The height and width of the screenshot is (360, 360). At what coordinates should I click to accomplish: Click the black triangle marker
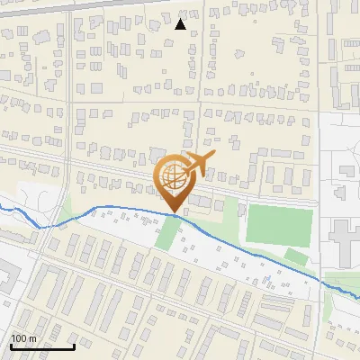tap(181, 24)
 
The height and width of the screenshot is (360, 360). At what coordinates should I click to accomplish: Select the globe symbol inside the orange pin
tap(174, 176)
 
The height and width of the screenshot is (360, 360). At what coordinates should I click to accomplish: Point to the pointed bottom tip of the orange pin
tap(174, 212)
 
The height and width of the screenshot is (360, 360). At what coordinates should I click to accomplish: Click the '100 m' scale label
tap(23, 338)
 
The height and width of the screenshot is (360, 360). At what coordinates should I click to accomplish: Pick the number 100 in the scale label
tap(19, 338)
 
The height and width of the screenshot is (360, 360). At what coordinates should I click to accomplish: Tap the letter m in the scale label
tap(32, 338)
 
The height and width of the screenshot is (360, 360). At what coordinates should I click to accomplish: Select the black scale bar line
tap(42, 346)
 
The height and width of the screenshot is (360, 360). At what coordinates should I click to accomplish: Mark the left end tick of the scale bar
tap(11, 345)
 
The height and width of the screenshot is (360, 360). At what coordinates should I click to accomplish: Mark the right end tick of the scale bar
tap(74, 345)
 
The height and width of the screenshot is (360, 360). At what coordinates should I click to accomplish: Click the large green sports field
tap(280, 226)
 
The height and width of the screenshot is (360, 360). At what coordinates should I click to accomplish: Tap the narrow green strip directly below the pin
tap(167, 234)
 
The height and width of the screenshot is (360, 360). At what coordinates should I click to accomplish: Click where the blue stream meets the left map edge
tap(1, 209)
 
